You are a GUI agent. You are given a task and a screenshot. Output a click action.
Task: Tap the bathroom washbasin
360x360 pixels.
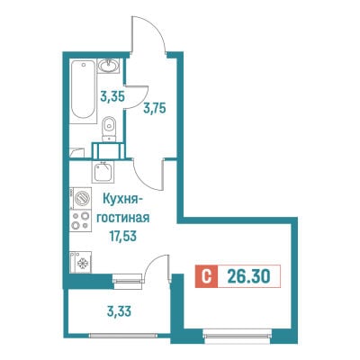click(x=108, y=66)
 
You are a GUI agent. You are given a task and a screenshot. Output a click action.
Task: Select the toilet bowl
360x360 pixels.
click(x=108, y=129)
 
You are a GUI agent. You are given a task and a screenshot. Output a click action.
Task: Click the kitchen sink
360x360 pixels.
click(x=103, y=172)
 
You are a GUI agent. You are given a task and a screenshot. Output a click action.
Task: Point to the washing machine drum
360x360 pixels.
click(x=82, y=198)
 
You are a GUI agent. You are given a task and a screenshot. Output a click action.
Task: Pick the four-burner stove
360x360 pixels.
click(x=80, y=220)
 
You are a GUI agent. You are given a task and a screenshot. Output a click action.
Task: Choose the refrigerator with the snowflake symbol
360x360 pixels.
click(x=81, y=262)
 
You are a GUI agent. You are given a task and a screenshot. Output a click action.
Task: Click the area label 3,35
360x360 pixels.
click(x=112, y=96)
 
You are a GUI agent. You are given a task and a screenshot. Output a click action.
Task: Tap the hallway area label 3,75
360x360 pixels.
click(x=155, y=108)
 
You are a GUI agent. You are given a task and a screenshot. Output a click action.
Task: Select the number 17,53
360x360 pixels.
click(x=122, y=237)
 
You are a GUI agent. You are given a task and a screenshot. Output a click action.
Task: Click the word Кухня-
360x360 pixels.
click(x=121, y=199)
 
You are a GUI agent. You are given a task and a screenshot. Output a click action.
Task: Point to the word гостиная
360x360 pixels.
click(x=123, y=218)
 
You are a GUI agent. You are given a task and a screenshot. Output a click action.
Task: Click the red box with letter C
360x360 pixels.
click(x=206, y=276)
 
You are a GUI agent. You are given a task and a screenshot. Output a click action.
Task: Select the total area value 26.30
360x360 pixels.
click(x=248, y=276)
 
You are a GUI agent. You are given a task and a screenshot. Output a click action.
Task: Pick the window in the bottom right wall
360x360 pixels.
click(x=238, y=333)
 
